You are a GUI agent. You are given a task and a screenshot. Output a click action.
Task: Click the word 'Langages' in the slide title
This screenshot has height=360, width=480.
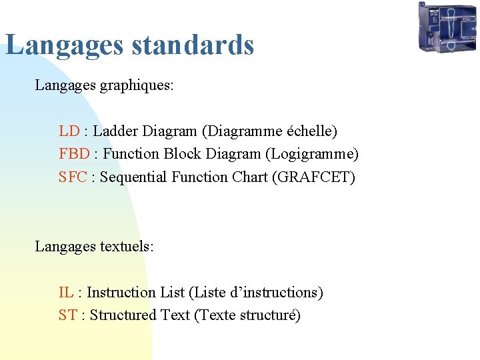point(65,45)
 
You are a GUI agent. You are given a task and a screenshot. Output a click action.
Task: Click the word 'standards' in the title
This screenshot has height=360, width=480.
point(193,45)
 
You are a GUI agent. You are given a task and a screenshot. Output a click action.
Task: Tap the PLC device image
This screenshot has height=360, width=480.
point(447,27)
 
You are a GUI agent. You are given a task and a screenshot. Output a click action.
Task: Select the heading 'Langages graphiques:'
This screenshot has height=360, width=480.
point(104,85)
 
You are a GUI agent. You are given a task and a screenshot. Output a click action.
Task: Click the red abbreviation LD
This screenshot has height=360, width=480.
point(69,131)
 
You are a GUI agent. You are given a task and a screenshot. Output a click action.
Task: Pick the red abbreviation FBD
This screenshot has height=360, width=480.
point(74,154)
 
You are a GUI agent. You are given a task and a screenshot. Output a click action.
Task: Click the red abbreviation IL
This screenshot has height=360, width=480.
point(66,292)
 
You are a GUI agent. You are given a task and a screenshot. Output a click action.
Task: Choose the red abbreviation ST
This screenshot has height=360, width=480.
point(67,315)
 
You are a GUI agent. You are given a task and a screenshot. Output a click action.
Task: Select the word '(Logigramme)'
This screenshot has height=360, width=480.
point(312,154)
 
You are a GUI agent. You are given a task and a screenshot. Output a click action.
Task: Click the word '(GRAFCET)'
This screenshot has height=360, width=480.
point(314,177)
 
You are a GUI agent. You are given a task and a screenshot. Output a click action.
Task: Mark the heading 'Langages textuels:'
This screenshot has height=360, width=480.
point(94,247)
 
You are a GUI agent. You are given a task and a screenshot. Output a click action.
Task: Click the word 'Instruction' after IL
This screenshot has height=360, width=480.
point(122,292)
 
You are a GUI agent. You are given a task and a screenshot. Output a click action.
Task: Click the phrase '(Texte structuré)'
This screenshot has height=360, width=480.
point(247,315)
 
